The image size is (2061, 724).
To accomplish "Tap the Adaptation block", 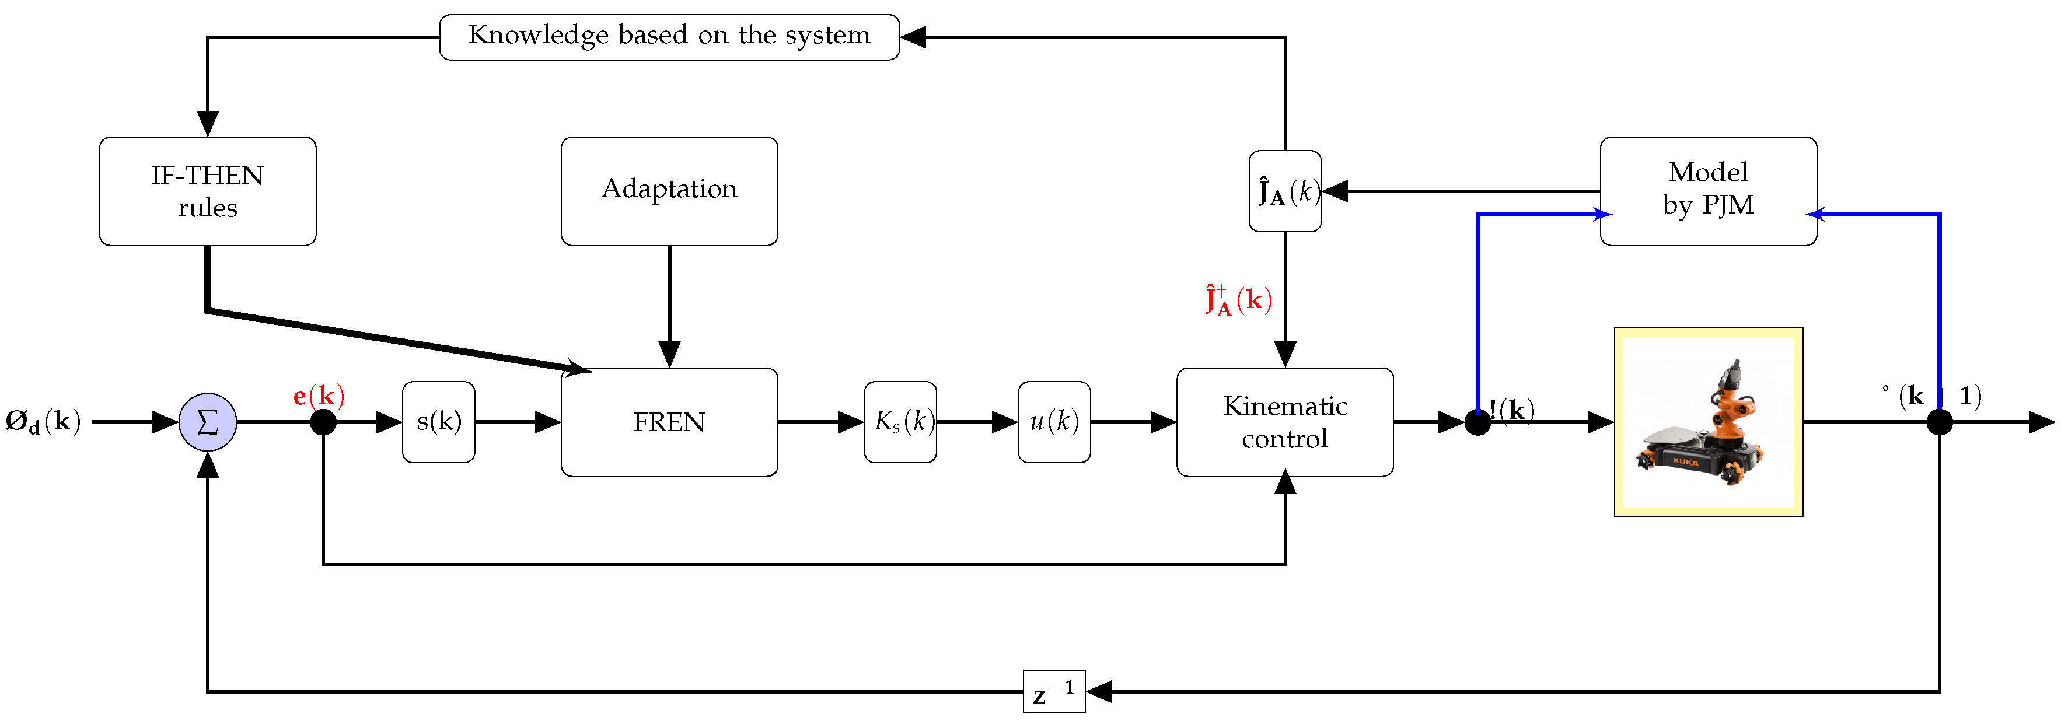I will [669, 190].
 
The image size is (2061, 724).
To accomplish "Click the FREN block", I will [669, 422].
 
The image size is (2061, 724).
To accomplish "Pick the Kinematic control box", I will [1284, 422].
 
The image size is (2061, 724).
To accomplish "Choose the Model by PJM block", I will [1707, 190].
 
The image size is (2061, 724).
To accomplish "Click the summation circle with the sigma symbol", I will [207, 422].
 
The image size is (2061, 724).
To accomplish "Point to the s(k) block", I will [438, 422].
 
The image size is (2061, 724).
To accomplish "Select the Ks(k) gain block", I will [900, 422].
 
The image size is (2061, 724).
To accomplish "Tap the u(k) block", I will [1054, 422].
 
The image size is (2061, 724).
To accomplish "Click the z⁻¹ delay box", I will [1054, 691].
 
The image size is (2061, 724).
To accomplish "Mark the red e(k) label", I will [319, 396].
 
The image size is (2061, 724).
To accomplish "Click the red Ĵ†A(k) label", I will [1238, 301].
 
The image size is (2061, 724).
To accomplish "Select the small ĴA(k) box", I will [1284, 191].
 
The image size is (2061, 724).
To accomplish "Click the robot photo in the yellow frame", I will [1707, 422].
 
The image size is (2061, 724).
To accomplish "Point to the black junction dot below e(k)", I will [323, 422].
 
